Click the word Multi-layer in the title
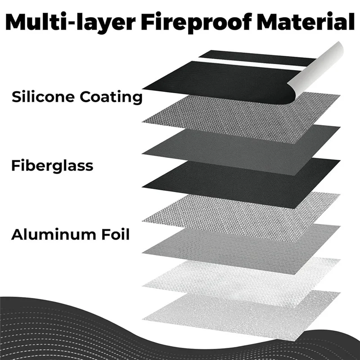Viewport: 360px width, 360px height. click(70, 22)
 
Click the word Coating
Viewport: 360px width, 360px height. click(111, 97)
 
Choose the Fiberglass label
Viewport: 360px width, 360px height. click(52, 166)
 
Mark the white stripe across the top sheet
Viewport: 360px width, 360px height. click(250, 63)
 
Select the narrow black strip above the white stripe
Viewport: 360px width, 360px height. click(257, 58)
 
